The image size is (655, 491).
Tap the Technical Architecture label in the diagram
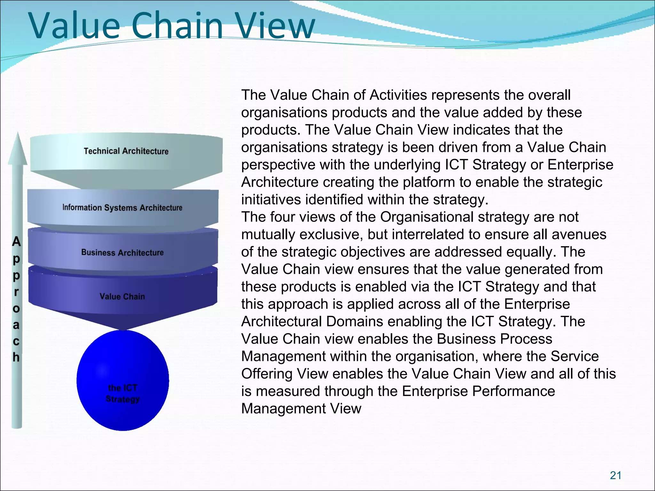[126, 151]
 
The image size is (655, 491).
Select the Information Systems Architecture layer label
[122, 208]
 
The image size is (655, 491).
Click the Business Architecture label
[122, 253]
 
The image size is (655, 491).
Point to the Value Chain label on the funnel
[122, 297]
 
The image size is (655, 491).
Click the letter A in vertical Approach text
[16, 242]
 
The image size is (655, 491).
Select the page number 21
[615, 475]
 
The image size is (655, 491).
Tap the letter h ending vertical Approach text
[16, 357]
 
